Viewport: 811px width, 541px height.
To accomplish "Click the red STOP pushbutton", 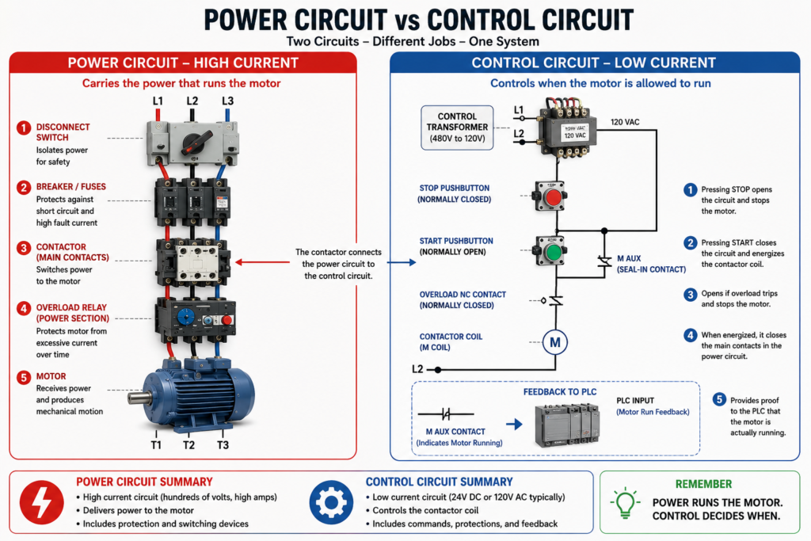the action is pos(554,197).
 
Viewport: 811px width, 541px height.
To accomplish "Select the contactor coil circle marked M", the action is pos(555,342).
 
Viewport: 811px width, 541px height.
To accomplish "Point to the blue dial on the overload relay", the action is pos(185,317).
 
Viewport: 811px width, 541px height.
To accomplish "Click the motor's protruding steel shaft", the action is pos(136,398).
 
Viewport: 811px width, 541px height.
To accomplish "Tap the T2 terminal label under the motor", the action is pos(188,445).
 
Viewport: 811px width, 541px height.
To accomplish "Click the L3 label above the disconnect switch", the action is pos(227,101).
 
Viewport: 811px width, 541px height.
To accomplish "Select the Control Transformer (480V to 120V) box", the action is pos(457,128).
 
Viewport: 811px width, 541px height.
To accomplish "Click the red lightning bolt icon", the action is pos(42,501).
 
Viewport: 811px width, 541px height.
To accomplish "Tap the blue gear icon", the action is pos(332,502).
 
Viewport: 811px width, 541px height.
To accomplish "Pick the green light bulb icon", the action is pos(625,502).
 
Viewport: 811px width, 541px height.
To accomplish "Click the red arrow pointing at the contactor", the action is pos(262,262).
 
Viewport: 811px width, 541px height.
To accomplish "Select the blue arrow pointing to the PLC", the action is pos(514,425).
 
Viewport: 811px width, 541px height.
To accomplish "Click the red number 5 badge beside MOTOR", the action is pos(23,377).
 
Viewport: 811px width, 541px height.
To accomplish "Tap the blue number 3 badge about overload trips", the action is pos(690,295).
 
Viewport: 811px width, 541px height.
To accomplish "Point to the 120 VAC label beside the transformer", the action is pos(625,122).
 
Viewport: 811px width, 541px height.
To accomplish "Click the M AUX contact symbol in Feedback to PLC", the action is pos(446,413).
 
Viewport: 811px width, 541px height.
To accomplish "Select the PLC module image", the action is pos(567,425).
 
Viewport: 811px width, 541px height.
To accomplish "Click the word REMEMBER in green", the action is pos(703,484).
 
